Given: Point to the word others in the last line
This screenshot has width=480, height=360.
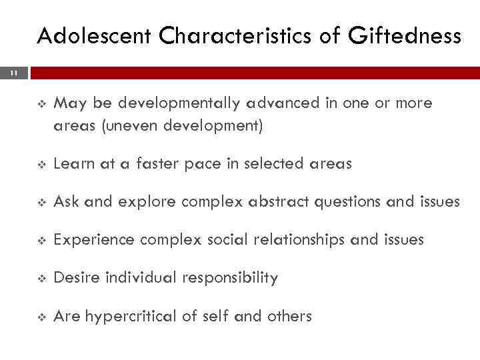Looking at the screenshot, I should tap(288, 315).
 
